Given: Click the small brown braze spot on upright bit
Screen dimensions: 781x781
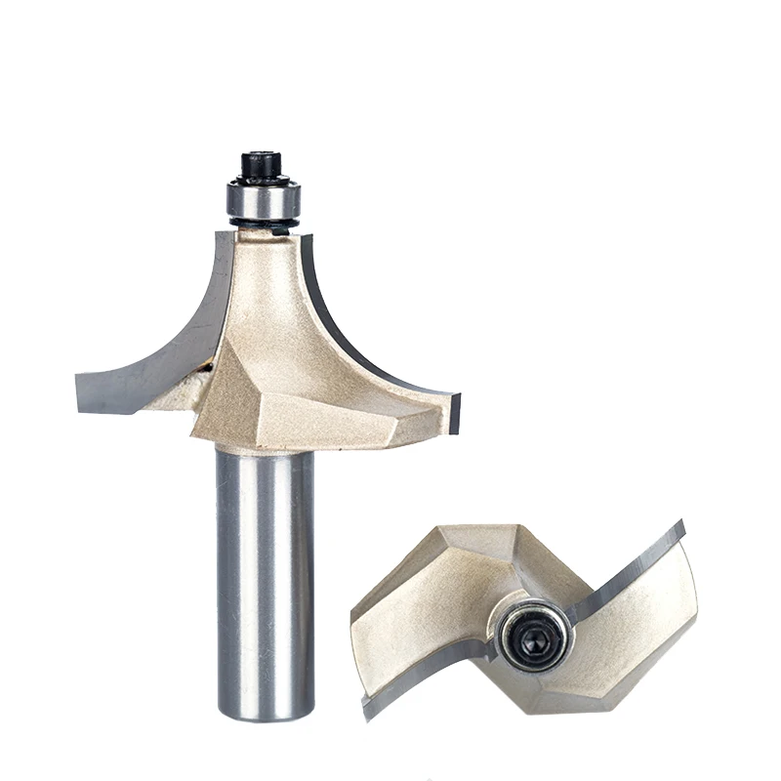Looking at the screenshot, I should (206, 368).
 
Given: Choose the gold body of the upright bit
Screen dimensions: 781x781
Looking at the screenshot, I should (283, 361).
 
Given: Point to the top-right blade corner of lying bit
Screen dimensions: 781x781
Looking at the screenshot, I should (680, 527).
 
